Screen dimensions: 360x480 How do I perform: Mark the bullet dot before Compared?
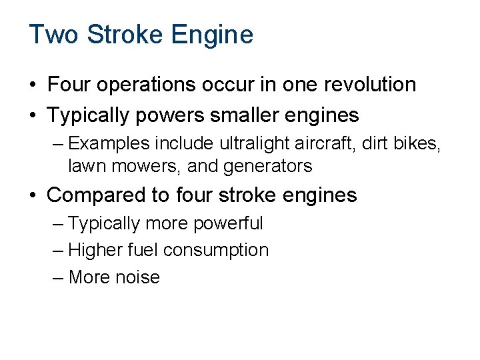pyautogui.click(x=33, y=196)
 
